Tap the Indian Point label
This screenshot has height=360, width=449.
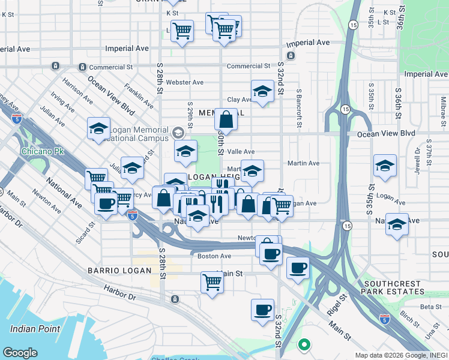coord(35,329)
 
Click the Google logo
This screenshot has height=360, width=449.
coord(20,353)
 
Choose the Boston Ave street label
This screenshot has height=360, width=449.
coord(214,256)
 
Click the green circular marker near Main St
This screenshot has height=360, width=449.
coord(304,345)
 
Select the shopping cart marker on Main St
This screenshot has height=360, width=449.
coord(212,281)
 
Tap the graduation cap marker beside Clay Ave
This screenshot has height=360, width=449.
coord(262,92)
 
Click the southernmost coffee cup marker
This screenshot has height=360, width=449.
coord(262,310)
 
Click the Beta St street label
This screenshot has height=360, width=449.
coord(431,307)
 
